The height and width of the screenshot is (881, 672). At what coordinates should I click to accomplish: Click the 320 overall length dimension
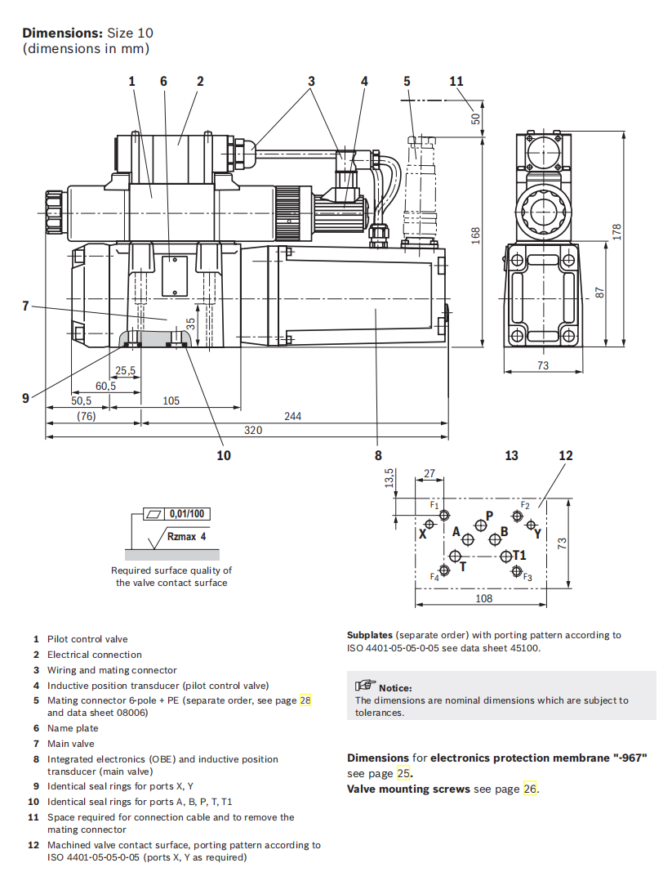pyautogui.click(x=253, y=430)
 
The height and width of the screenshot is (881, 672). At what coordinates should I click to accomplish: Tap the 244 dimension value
pyautogui.click(x=292, y=416)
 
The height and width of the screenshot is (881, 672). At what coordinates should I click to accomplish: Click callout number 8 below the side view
pyautogui.click(x=378, y=455)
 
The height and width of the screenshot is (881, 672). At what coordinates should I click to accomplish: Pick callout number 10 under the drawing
pyautogui.click(x=223, y=455)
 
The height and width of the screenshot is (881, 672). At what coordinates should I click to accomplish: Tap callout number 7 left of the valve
pyautogui.click(x=25, y=306)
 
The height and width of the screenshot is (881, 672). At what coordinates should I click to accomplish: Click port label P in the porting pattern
pyautogui.click(x=489, y=515)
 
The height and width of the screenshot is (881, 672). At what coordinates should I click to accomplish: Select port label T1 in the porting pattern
pyautogui.click(x=519, y=556)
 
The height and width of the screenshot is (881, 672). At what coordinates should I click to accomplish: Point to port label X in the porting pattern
pyautogui.click(x=423, y=534)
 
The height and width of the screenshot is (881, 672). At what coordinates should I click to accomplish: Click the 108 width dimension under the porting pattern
pyautogui.click(x=483, y=599)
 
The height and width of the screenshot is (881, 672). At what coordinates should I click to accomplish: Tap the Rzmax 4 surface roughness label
pyautogui.click(x=187, y=537)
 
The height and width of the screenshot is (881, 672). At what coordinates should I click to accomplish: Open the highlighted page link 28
pyautogui.click(x=305, y=700)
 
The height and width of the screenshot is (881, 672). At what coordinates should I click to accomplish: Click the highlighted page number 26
pyautogui.click(x=531, y=789)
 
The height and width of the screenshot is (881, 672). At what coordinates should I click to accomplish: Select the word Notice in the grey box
pyautogui.click(x=395, y=688)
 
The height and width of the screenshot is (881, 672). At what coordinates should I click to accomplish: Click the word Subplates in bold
pyautogui.click(x=369, y=634)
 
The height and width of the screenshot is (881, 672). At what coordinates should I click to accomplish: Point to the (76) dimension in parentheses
pyautogui.click(x=87, y=416)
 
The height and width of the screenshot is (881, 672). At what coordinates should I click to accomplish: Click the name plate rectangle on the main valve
pyautogui.click(x=175, y=275)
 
